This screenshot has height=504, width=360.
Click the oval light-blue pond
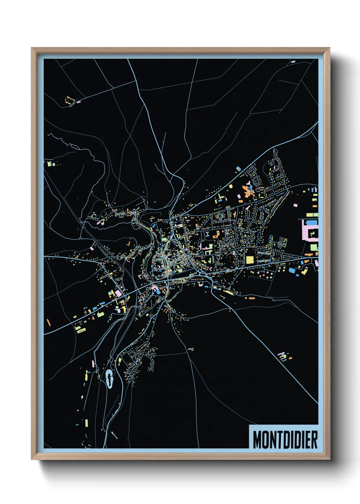coord(109,378)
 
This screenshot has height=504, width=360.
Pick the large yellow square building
coord(250,260)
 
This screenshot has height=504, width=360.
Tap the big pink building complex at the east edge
coord(310,232)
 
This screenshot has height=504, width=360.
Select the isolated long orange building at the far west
coord(48,322)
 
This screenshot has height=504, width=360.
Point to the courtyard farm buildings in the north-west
coord(69,100)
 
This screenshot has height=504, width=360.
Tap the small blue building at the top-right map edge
coord(293,62)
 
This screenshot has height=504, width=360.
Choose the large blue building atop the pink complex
coord(311,222)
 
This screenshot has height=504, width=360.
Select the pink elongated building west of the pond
coord(93,364)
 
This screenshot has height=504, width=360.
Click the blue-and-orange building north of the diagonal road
coord(239,168)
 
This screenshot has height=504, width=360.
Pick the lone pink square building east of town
coord(295,205)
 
